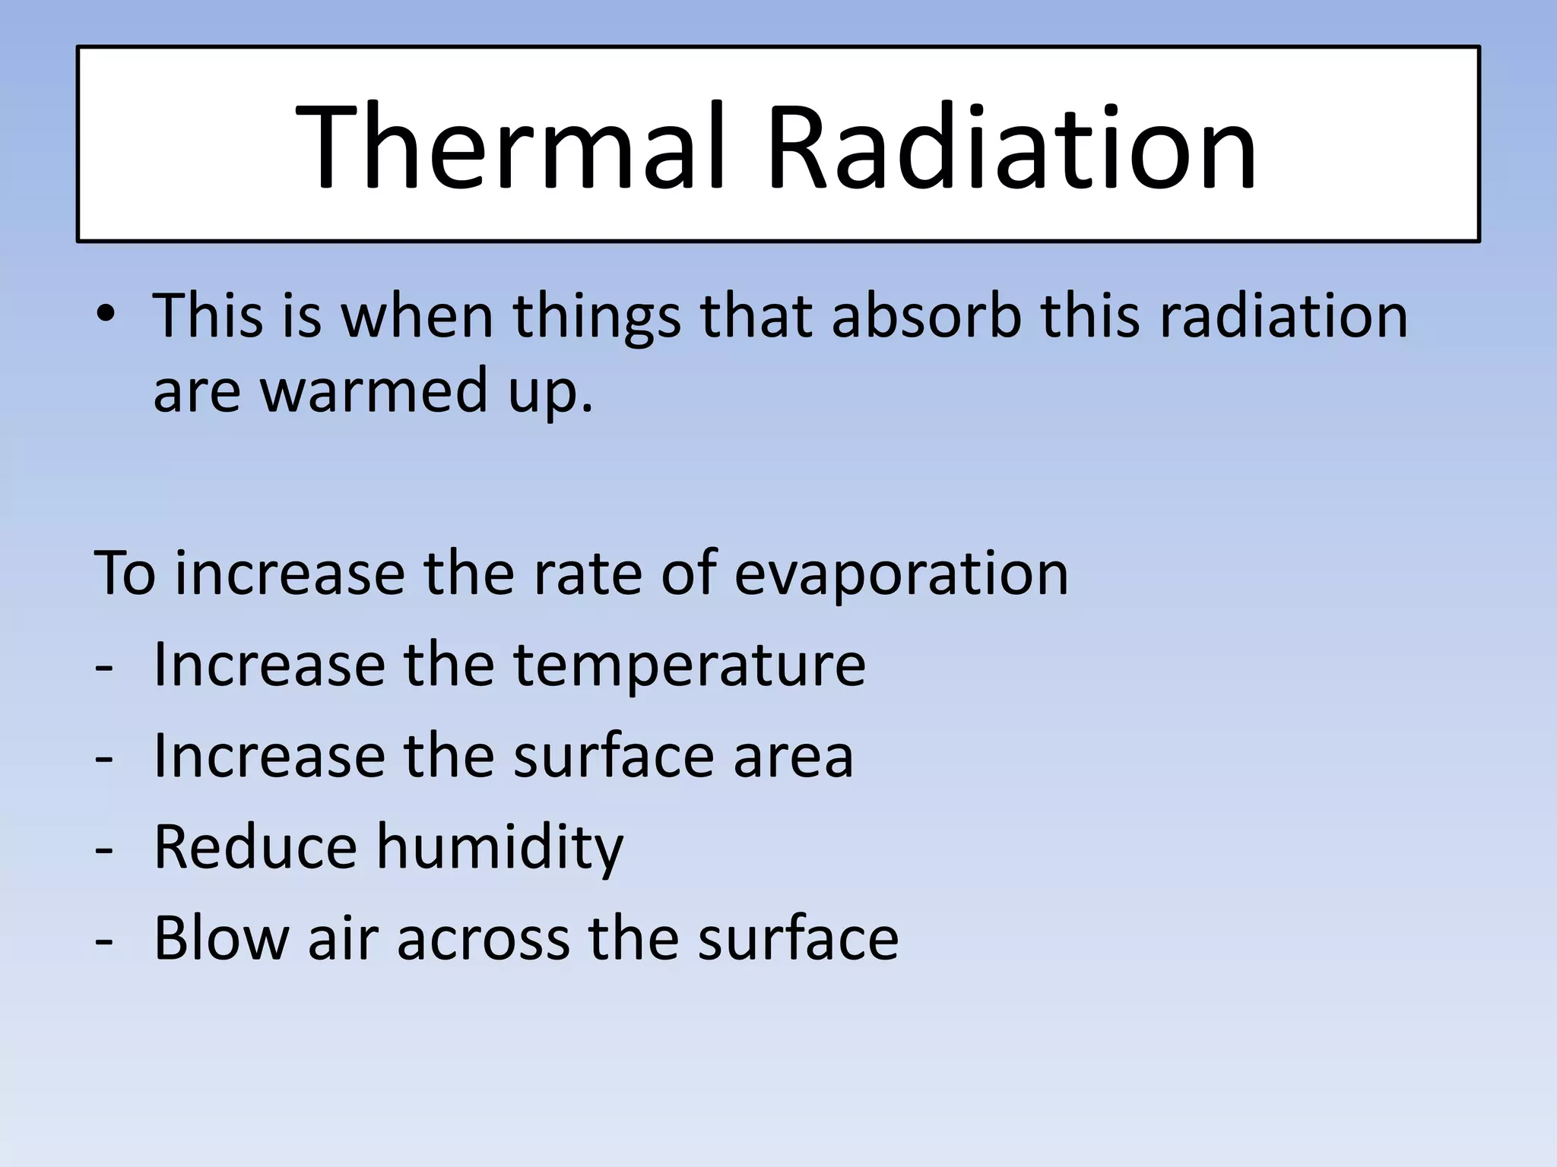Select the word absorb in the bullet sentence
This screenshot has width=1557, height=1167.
click(926, 315)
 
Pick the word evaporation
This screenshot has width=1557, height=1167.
click(901, 573)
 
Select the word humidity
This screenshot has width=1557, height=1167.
click(500, 848)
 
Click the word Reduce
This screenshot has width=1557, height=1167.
click(255, 846)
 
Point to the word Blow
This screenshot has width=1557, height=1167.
click(221, 938)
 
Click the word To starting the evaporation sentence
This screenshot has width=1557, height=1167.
click(125, 573)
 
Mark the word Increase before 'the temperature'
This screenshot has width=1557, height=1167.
click(269, 665)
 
